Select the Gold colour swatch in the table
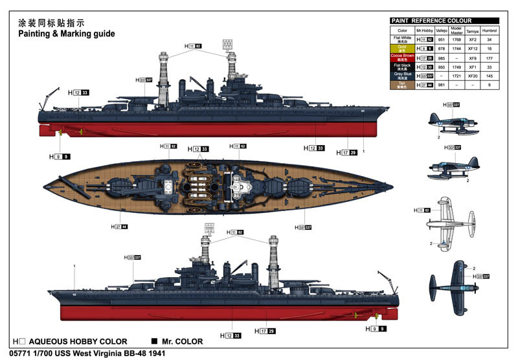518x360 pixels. pyautogui.click(x=402, y=48)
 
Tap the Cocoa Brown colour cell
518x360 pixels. pyautogui.click(x=402, y=57)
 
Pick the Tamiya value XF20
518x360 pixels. pyautogui.click(x=471, y=76)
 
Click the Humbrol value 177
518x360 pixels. pyautogui.click(x=490, y=57)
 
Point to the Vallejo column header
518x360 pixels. pyautogui.click(x=442, y=30)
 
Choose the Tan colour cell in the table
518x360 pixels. pyautogui.click(x=402, y=85)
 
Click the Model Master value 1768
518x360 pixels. pyautogui.click(x=456, y=39)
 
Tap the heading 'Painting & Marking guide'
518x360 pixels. pyautogui.click(x=66, y=33)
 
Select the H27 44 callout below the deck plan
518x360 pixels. pyautogui.click(x=120, y=227)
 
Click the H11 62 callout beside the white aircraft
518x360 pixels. pyautogui.click(x=422, y=210)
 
